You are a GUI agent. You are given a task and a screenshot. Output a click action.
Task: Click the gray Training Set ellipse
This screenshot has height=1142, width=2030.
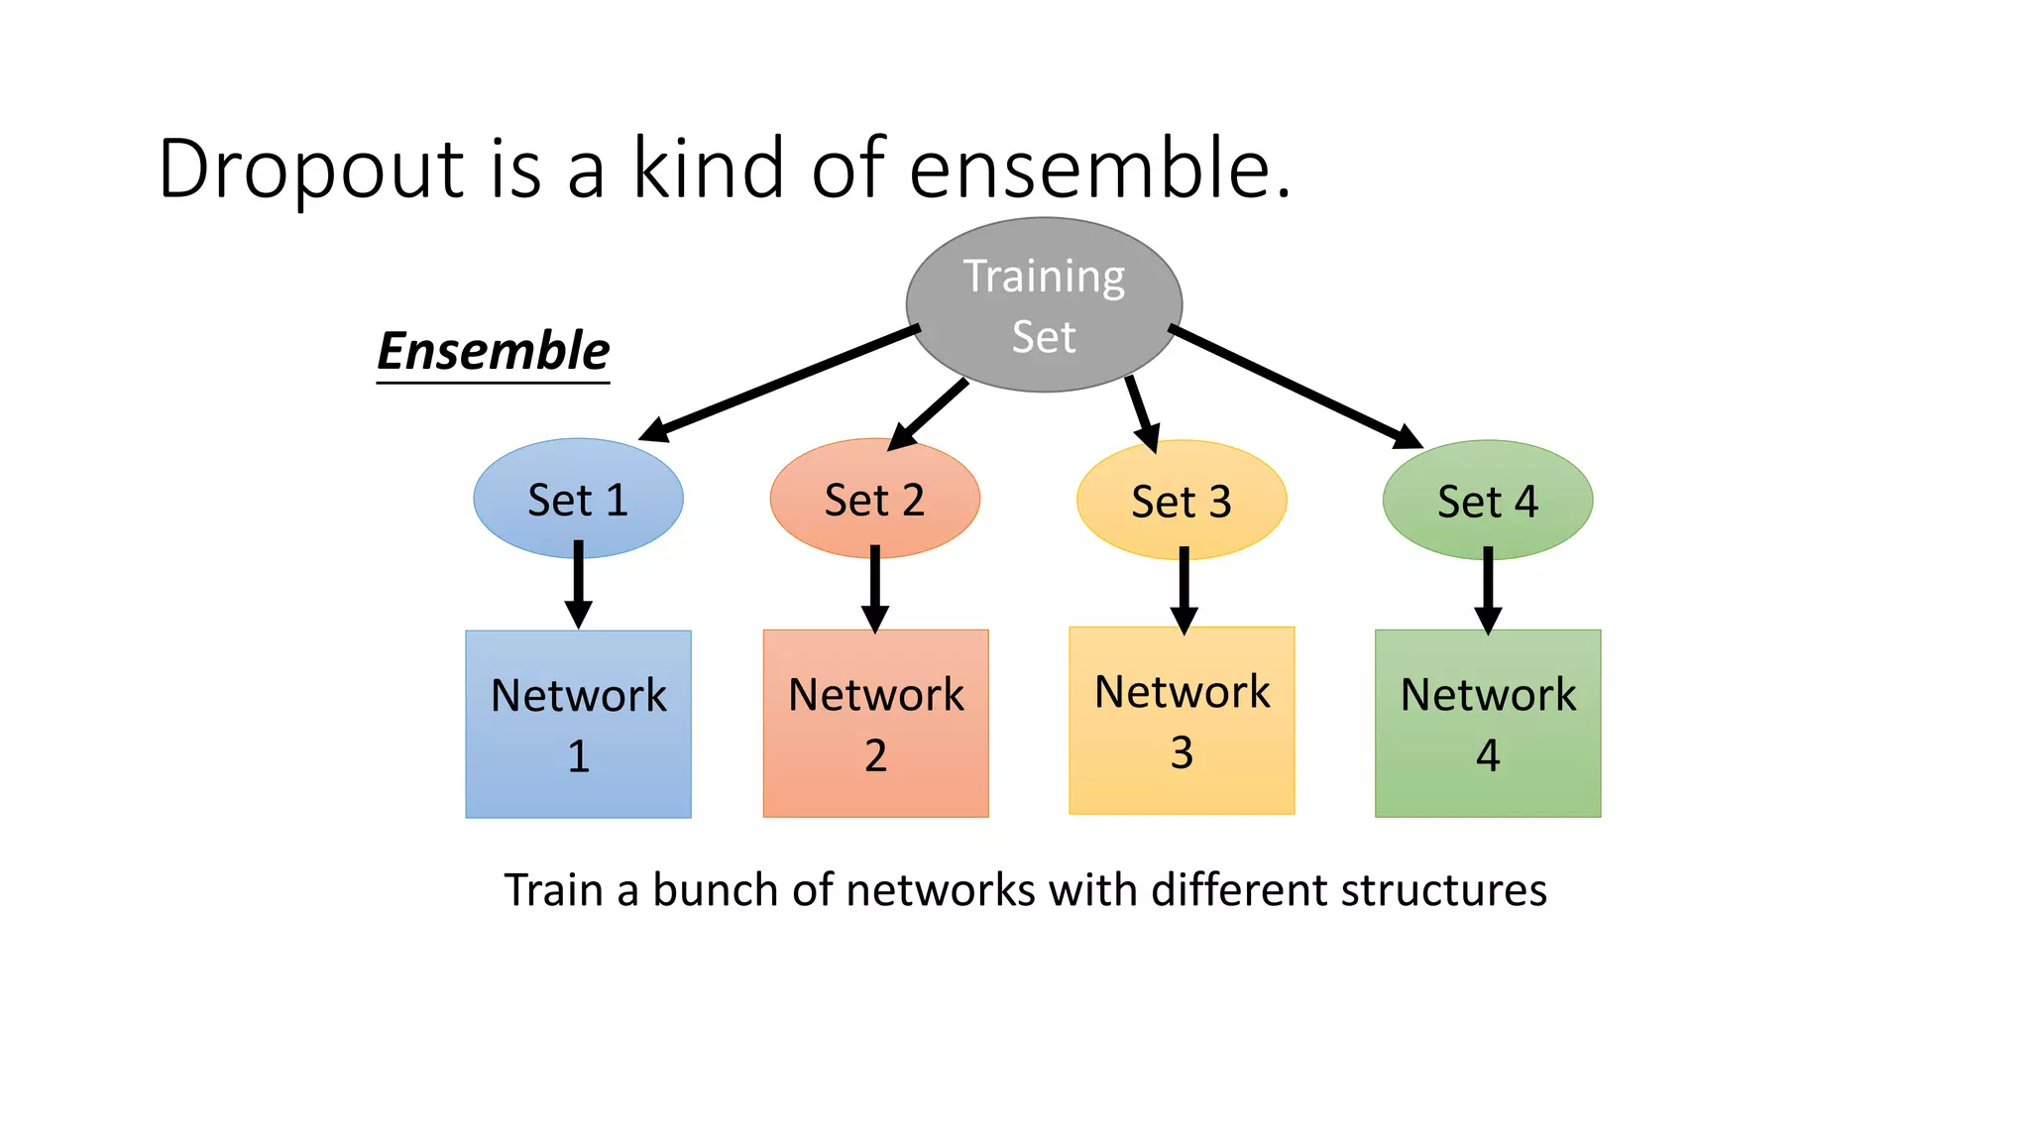coord(1044,305)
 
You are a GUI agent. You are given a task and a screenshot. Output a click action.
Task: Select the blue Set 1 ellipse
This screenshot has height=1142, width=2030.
coord(578,499)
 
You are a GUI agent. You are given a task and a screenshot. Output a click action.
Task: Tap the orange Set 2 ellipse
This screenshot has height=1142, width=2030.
coord(874,499)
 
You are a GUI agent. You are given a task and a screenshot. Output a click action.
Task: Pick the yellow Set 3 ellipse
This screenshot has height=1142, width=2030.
coord(1182,501)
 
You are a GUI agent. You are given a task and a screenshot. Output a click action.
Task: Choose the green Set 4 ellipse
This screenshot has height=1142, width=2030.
coord(1487,501)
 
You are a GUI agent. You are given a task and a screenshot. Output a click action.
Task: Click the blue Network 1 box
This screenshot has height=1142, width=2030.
coord(578,725)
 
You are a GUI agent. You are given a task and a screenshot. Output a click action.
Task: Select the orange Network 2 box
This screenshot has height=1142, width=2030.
coord(875,724)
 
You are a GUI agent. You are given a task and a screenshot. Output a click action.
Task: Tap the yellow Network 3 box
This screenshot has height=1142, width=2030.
coord(1182,721)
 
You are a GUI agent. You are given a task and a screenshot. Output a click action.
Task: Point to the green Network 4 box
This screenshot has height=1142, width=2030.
coord(1487,724)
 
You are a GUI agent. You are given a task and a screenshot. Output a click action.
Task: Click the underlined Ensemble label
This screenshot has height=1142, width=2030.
coord(493,352)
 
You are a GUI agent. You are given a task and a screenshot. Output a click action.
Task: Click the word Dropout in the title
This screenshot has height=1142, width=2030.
coord(310,169)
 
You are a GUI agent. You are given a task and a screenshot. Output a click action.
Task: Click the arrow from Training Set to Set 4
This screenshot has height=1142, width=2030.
coord(1294,387)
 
